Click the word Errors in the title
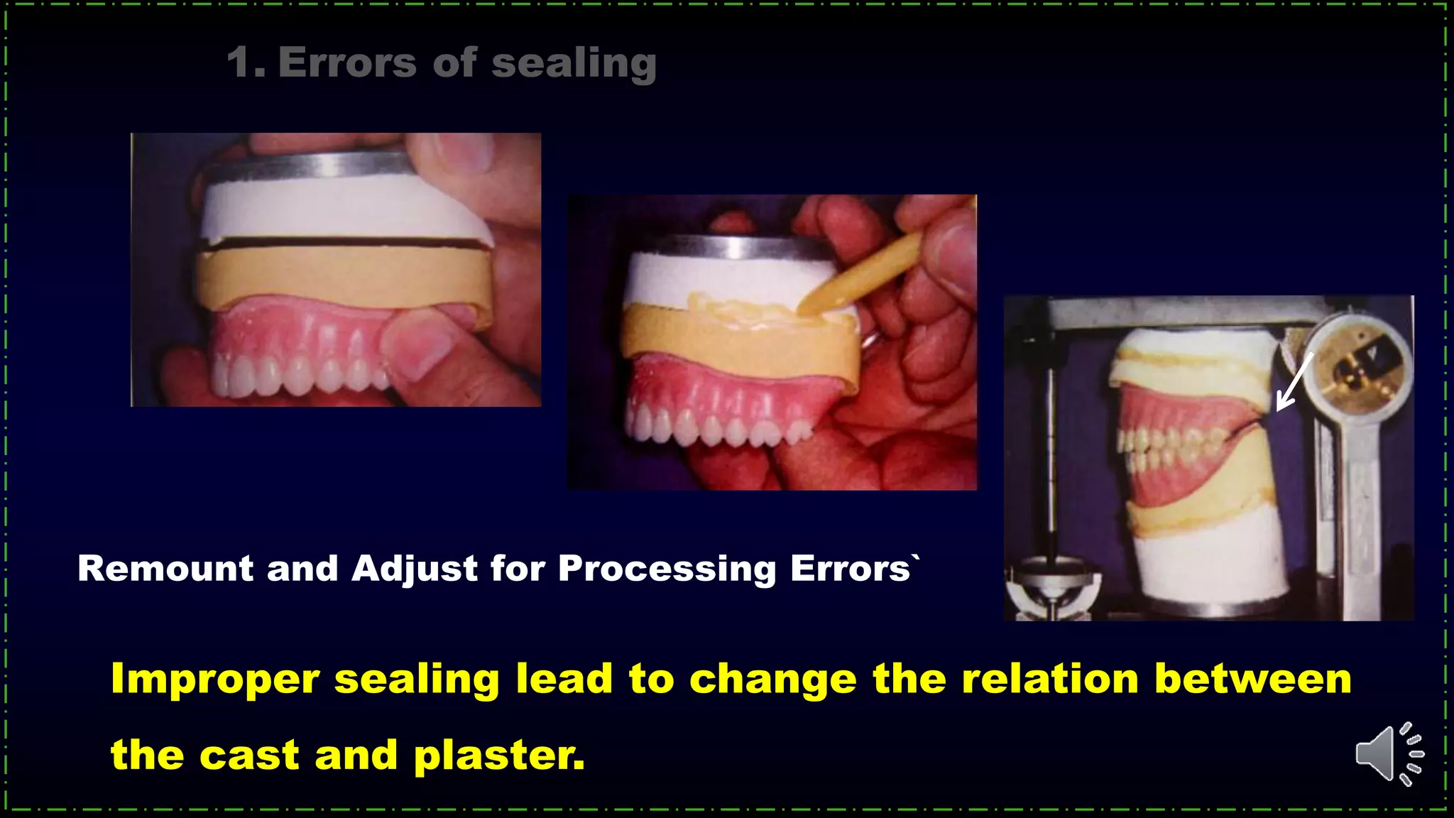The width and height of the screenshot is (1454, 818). (x=347, y=62)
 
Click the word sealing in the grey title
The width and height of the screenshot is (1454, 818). (x=574, y=64)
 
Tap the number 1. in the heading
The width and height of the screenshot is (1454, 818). (x=246, y=62)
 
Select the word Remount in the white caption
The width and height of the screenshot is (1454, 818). (x=165, y=569)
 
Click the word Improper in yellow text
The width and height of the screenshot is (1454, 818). (x=215, y=679)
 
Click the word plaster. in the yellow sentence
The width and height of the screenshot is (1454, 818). (x=499, y=755)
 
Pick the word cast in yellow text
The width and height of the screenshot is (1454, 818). (x=248, y=755)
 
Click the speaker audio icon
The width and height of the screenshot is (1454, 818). (x=1388, y=754)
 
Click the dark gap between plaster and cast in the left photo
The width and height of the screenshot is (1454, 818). (x=341, y=244)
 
